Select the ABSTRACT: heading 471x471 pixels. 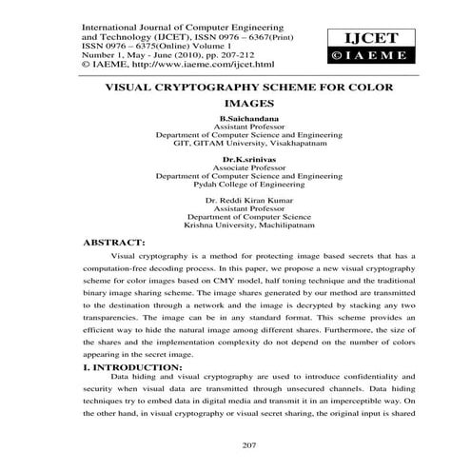tap(114, 243)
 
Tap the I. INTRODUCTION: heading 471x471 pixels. tap(134, 364)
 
